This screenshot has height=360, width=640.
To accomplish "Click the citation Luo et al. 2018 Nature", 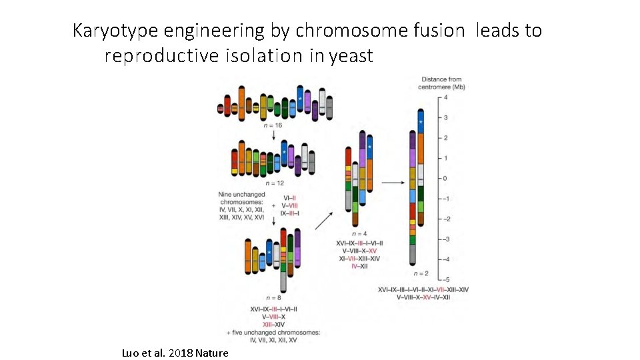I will pyautogui.click(x=175, y=353).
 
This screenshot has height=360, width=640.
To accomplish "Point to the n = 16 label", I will pyautogui.click(x=273, y=125).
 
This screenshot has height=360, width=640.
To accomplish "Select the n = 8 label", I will pyautogui.click(x=274, y=297).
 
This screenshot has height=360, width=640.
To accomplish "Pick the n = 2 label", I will pyautogui.click(x=421, y=273).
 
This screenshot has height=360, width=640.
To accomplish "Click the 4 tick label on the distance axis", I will pyautogui.click(x=445, y=98).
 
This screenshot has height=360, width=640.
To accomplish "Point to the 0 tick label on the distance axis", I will pyautogui.click(x=445, y=179).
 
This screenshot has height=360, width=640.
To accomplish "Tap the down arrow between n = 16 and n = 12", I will pyautogui.click(x=273, y=134).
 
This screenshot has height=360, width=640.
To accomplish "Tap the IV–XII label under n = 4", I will pyautogui.click(x=359, y=266).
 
